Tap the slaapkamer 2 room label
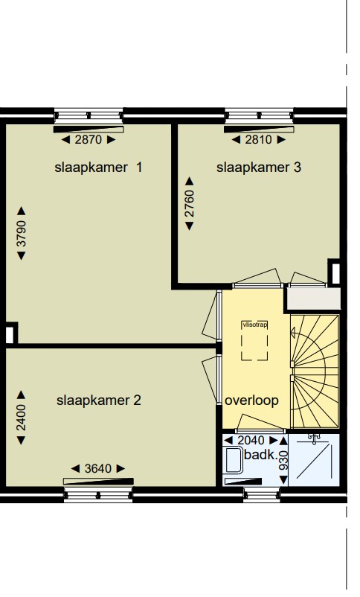pos(98,400)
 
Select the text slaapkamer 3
pos(259,167)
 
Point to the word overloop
pos(252,400)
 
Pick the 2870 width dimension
pos(89,139)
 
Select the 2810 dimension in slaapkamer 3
pos(259,139)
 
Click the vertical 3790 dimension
pos(22,233)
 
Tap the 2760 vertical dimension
pos(189,205)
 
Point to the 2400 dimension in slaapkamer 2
pos(22,417)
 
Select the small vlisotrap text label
pos(254,325)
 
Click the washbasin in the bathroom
pos(233,460)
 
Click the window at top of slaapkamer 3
pos(258,117)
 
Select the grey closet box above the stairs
pos(313,299)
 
